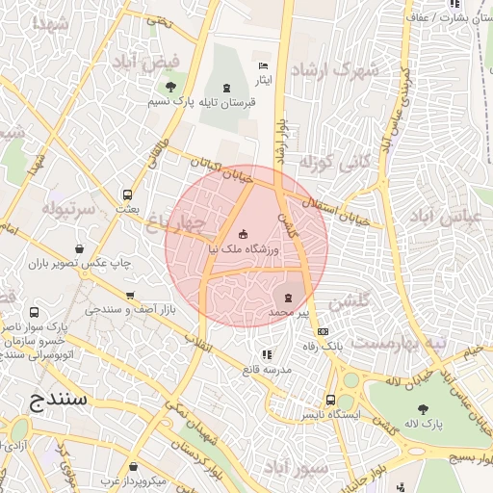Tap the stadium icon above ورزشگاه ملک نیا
[242, 233]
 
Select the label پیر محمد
[293, 314]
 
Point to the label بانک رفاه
[345, 344]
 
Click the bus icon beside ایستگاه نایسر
[331, 400]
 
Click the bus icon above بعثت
[128, 193]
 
